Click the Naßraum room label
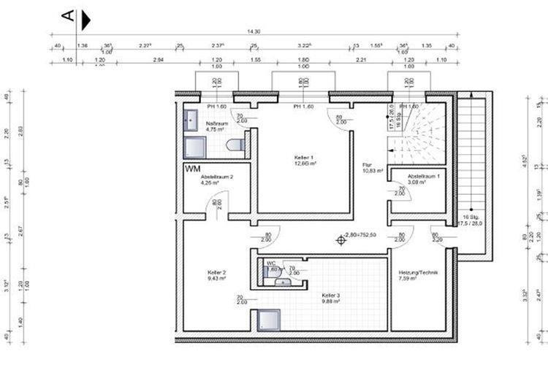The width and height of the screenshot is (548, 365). pos(217,124)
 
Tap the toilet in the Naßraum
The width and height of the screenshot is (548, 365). pos(235,146)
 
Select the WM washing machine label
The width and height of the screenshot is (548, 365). pos(192,169)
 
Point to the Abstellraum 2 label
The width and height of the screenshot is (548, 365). pos(216,177)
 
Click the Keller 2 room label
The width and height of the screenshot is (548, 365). pos(217,272)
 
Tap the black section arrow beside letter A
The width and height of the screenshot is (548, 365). pos(86,20)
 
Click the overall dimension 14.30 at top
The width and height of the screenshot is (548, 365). pos(254,31)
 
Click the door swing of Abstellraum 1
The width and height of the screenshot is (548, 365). pos(400,196)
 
